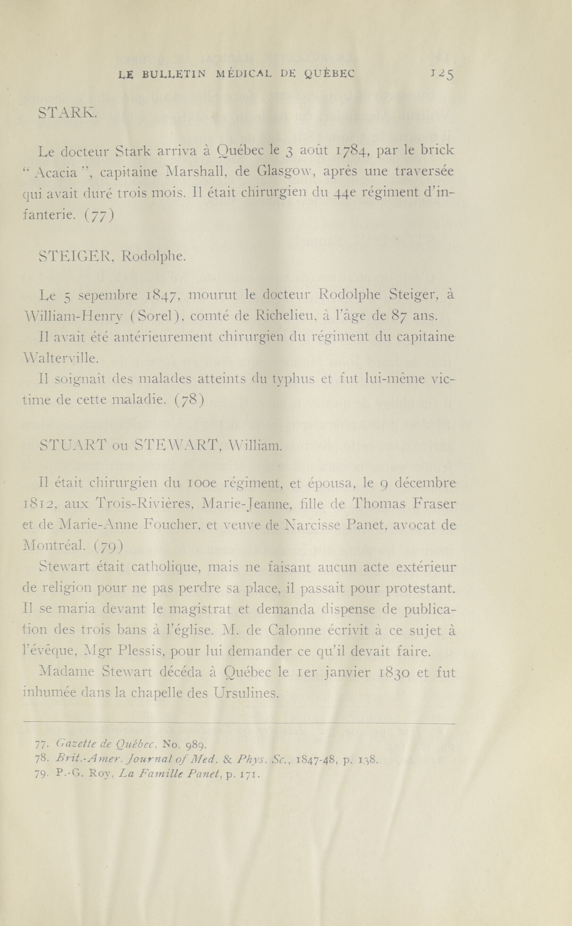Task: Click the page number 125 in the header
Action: point(442,74)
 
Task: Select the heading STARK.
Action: point(68,113)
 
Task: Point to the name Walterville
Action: point(60,358)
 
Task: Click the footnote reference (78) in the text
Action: point(190,400)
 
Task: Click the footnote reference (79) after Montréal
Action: point(108,545)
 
